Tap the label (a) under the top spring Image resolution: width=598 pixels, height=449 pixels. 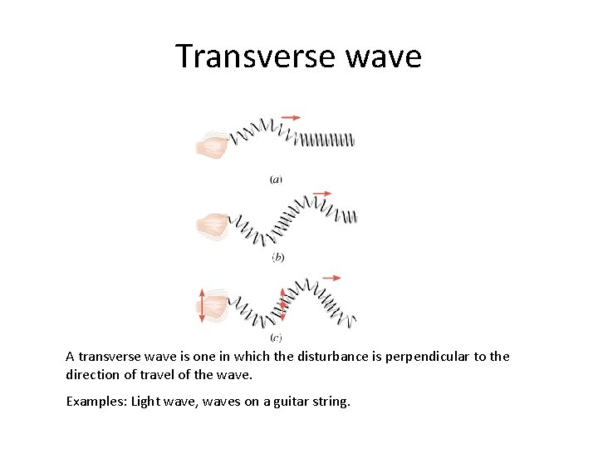276,179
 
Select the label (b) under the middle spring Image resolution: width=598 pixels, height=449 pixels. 277,257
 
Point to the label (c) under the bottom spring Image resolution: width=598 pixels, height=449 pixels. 277,337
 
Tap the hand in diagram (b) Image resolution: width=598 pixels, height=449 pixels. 213,224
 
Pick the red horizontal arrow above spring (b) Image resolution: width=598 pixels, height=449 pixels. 322,193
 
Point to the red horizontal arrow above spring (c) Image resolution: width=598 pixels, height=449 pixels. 331,277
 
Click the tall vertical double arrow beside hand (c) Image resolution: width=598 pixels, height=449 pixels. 201,306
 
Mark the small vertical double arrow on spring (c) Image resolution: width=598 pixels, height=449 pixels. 282,305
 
